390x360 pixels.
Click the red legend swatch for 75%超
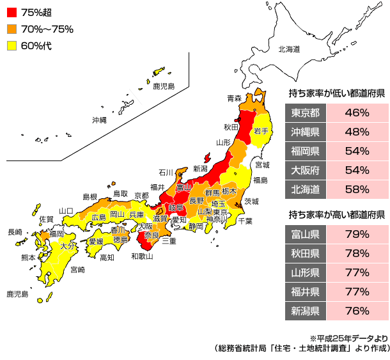tap(12, 12)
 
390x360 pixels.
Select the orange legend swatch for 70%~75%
tap(12, 29)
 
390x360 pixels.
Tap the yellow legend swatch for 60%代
tap(12, 45)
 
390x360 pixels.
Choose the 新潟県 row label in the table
tap(305, 311)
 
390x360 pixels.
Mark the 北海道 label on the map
tap(289, 49)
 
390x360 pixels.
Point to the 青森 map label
tap(235, 98)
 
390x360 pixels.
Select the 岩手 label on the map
tap(261, 130)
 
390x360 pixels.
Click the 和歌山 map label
tap(141, 256)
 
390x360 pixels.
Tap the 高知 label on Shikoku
tap(107, 257)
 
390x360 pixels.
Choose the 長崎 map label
tap(15, 232)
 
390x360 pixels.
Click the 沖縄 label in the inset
tap(99, 120)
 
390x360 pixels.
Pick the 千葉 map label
tap(245, 221)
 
